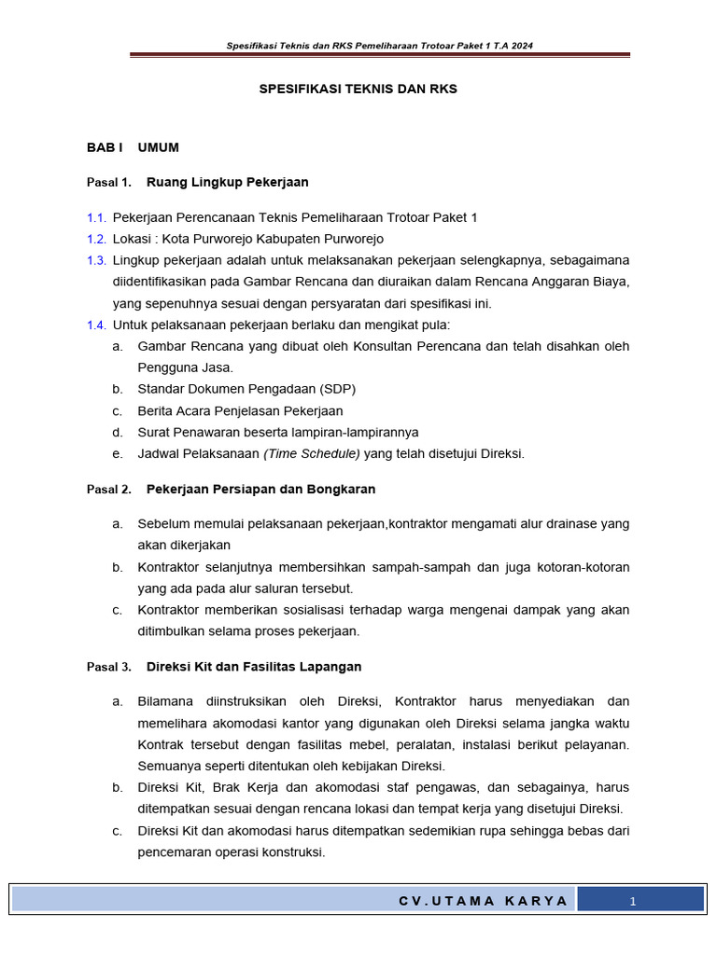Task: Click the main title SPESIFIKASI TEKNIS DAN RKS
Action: [358, 90]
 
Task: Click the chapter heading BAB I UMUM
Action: [133, 147]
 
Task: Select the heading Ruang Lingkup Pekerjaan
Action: [227, 182]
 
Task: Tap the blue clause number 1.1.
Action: [96, 217]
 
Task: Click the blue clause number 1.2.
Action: [96, 239]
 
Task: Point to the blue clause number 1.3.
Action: [96, 260]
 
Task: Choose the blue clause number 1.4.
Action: [96, 325]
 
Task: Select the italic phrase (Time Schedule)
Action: [312, 454]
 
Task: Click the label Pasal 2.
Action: [109, 490]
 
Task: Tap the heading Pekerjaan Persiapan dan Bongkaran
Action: [260, 490]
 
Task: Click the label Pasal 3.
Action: [109, 668]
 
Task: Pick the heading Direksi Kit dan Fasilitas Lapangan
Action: [254, 668]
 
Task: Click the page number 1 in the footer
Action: [632, 901]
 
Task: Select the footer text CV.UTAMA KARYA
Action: [483, 901]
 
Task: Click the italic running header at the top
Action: [380, 46]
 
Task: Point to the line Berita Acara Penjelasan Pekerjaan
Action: [240, 411]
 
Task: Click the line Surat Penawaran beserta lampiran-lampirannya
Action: [277, 433]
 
